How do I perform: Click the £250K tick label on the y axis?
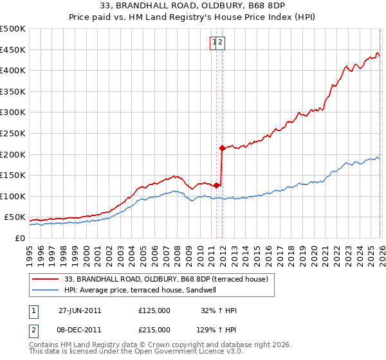coord(13,133)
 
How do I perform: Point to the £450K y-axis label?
coord(13,50)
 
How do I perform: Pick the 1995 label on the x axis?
coord(30,250)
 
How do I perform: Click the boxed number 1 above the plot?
coord(214,42)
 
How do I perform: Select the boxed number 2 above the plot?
coord(220,42)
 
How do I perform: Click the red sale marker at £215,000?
coord(222,148)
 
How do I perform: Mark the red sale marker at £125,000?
coord(217,185)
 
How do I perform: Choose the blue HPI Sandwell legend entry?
coord(149,290)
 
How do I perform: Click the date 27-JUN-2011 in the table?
coord(80,310)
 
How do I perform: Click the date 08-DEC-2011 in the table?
coord(80,329)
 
